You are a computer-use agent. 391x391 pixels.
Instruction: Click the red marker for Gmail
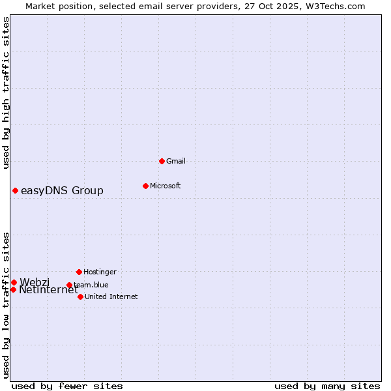click(x=162, y=161)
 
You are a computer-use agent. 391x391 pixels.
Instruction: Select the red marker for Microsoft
click(x=145, y=186)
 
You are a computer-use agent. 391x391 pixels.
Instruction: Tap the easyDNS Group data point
click(x=15, y=190)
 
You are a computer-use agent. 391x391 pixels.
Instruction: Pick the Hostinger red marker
click(x=79, y=272)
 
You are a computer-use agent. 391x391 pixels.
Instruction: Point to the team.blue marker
click(x=69, y=285)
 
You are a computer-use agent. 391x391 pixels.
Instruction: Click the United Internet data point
click(x=80, y=297)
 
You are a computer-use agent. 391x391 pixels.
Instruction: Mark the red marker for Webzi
click(x=14, y=282)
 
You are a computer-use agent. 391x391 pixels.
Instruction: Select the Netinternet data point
click(x=13, y=289)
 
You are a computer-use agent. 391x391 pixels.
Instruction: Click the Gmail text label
click(x=176, y=161)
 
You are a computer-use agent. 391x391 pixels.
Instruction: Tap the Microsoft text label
click(x=166, y=186)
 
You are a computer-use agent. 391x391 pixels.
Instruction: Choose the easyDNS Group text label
click(x=62, y=190)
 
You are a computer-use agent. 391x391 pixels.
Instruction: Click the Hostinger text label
click(x=100, y=272)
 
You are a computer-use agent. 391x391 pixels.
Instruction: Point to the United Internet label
click(x=111, y=297)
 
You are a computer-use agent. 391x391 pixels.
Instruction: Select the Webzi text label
click(x=35, y=282)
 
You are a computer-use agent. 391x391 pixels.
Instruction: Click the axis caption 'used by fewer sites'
click(x=67, y=386)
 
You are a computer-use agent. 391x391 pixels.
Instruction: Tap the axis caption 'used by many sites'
click(x=327, y=386)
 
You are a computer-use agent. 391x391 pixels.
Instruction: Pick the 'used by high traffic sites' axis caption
click(x=6, y=93)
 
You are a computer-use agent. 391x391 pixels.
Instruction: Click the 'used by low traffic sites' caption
click(x=6, y=305)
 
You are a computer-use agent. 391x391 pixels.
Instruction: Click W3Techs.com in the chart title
click(x=336, y=6)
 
